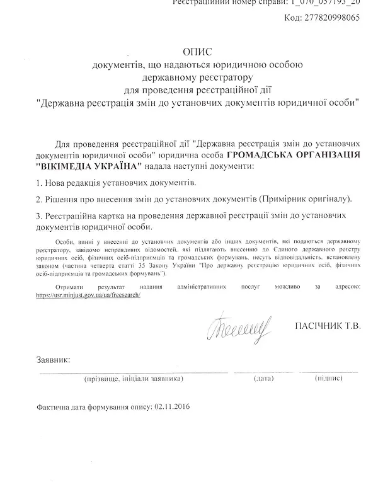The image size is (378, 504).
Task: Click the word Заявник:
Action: pos(54,360)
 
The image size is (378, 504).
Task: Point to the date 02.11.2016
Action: pos(171,407)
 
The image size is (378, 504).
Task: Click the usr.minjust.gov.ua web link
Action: pos(88,295)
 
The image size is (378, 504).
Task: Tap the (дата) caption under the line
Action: pos(264,379)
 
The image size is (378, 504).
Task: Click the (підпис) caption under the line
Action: pos(328,379)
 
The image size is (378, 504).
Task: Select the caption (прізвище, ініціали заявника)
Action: pos(134,379)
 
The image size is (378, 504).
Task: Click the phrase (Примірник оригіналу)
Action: pos(305,198)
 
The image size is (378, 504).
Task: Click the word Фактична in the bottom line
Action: pos(55,407)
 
